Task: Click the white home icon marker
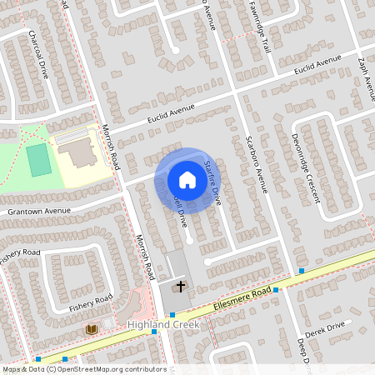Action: pos(187,180)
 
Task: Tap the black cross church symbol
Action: pos(180,287)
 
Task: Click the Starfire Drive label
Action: pos(213,185)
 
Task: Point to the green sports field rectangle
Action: pos(38,159)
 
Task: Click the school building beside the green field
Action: pos(77,153)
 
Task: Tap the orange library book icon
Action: pos(91,330)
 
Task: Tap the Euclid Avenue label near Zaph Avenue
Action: pos(310,65)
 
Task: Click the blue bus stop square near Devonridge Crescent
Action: pos(302,271)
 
